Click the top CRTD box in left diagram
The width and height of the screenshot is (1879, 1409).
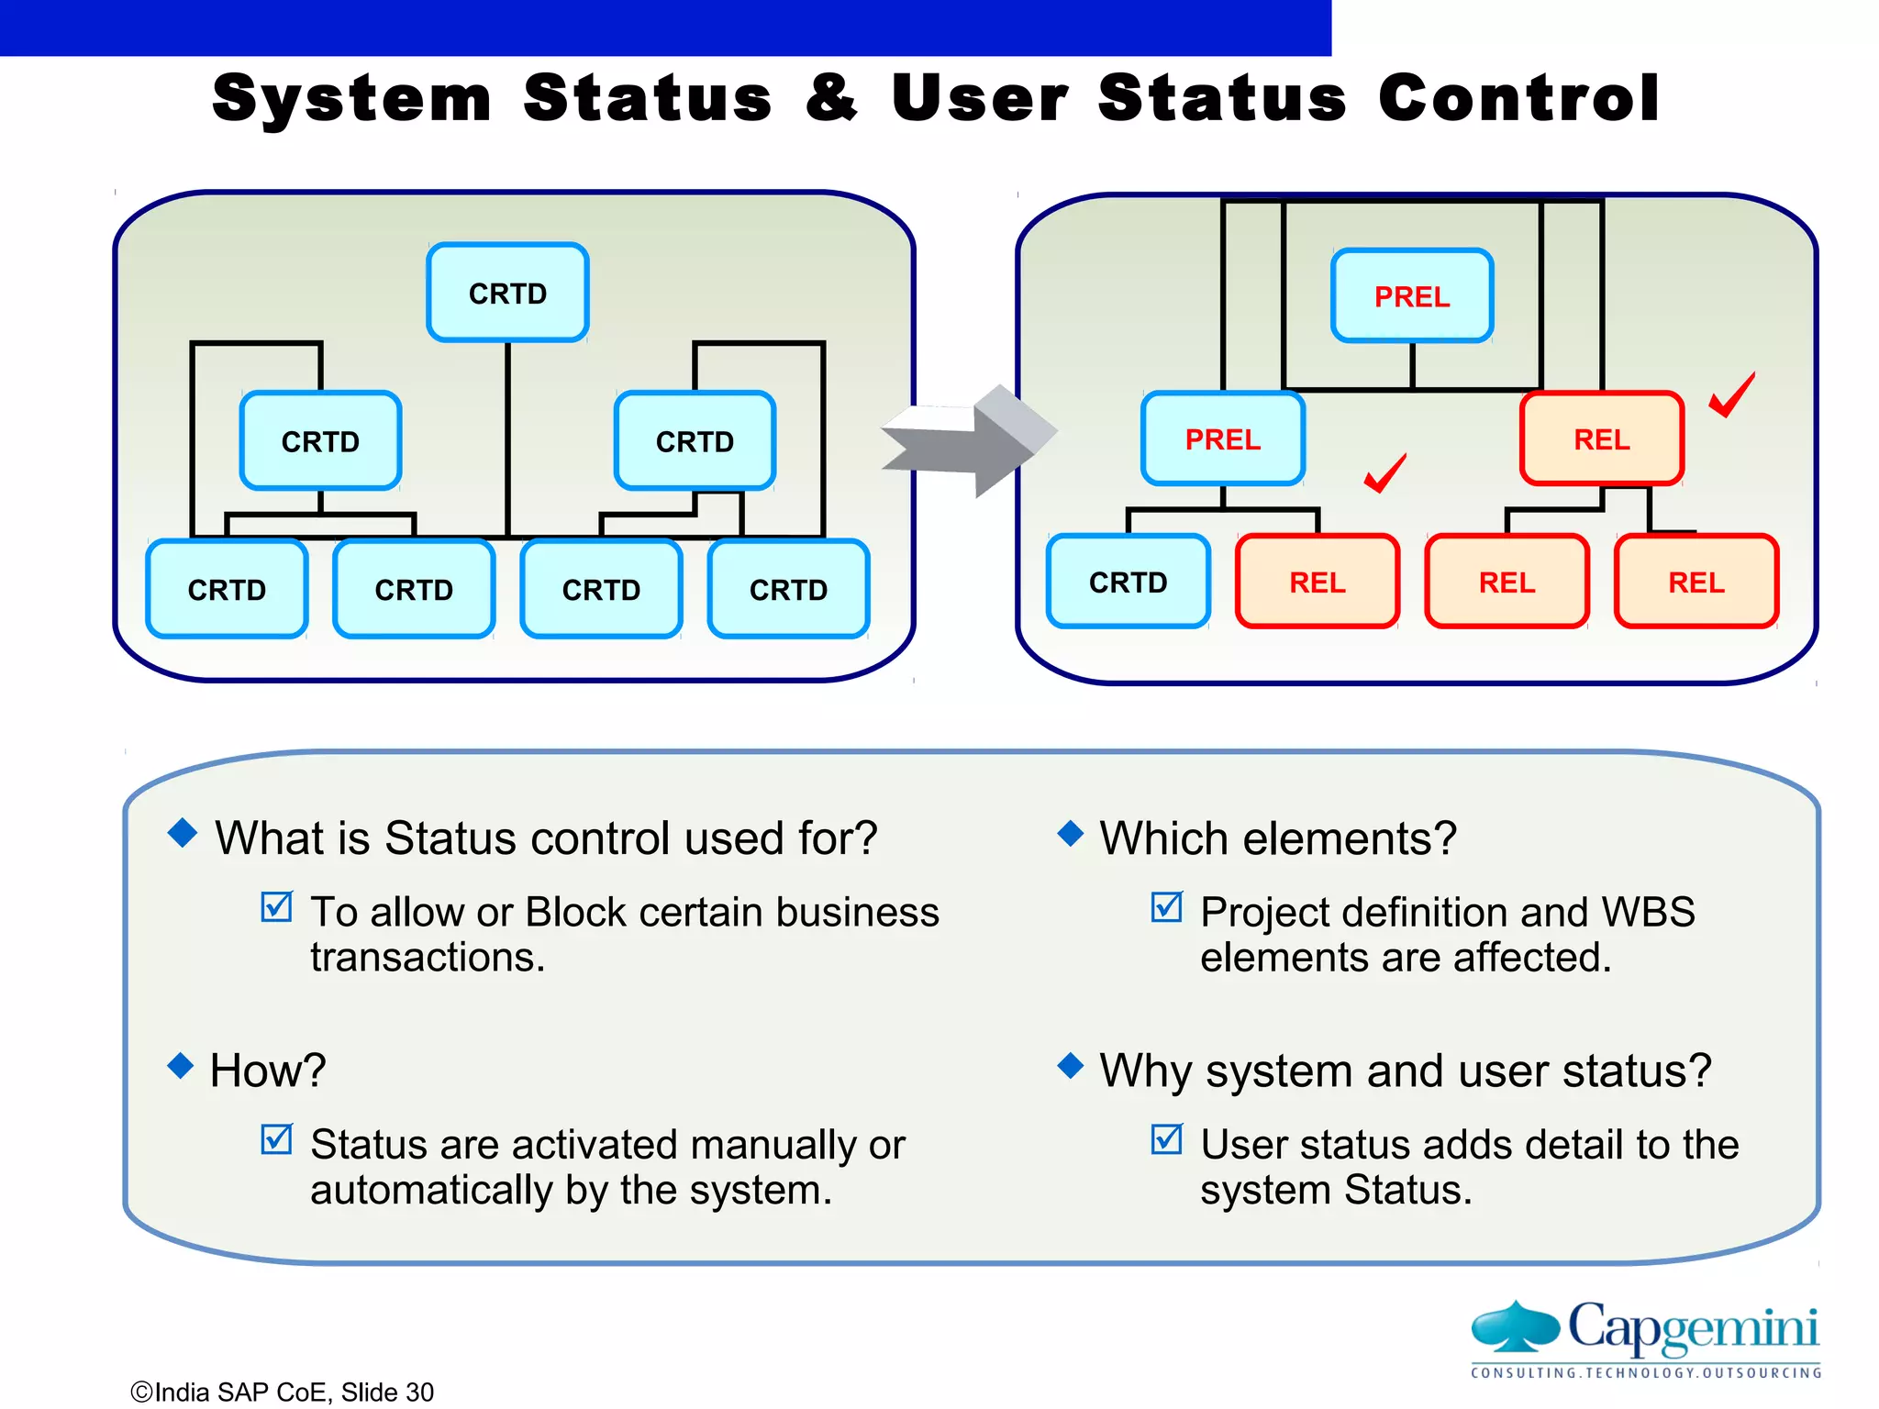click(507, 294)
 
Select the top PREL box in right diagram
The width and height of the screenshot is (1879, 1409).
click(1412, 296)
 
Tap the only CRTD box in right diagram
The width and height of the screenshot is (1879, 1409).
click(1128, 582)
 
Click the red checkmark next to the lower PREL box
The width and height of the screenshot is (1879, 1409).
click(1384, 473)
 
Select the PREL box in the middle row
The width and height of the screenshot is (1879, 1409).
click(1222, 439)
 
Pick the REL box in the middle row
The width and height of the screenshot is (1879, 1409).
click(1601, 439)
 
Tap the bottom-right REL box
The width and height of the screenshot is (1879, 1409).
click(1696, 582)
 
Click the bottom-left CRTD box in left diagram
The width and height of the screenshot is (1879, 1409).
click(227, 590)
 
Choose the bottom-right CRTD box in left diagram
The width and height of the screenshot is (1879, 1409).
click(788, 590)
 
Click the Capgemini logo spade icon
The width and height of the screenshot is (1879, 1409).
click(1515, 1326)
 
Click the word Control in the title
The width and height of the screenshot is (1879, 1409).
click(1518, 98)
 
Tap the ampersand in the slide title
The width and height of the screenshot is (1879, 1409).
click(831, 98)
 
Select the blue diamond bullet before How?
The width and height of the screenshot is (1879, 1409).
click(181, 1066)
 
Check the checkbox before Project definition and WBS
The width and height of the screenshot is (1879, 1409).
click(1166, 907)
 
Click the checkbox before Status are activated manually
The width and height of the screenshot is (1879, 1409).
click(276, 1139)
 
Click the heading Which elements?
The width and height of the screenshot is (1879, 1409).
click(1278, 838)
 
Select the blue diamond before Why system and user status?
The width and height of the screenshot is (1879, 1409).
click(1070, 1066)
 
